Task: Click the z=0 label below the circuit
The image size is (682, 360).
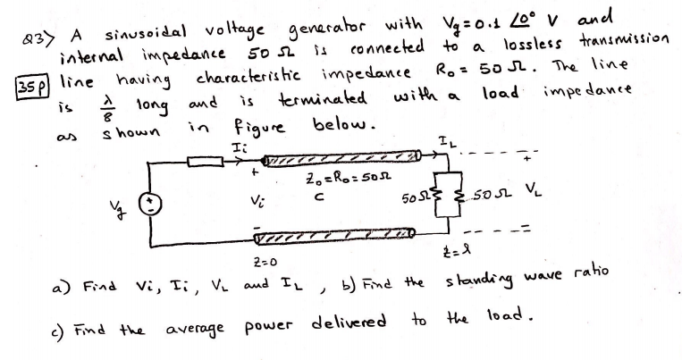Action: [x=254, y=260]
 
